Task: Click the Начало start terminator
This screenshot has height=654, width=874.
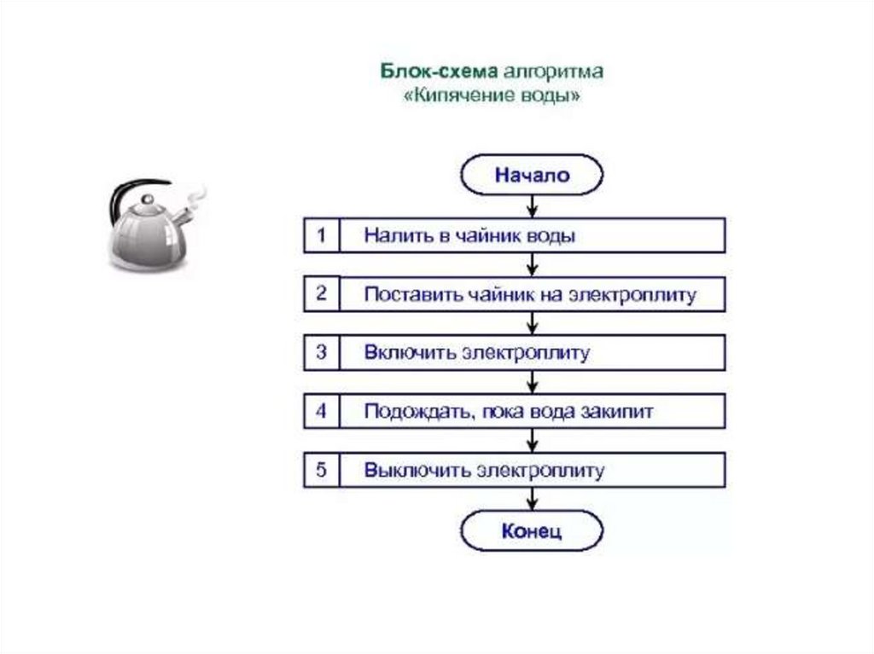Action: click(532, 176)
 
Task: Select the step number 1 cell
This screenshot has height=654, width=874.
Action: click(321, 235)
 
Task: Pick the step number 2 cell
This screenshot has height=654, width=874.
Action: click(321, 294)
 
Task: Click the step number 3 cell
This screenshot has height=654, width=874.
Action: click(321, 352)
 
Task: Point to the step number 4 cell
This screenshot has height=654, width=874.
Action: click(321, 411)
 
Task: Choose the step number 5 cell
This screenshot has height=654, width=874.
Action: click(321, 470)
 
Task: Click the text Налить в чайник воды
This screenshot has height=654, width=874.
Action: click(469, 235)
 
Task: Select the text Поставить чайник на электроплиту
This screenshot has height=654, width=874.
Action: click(530, 295)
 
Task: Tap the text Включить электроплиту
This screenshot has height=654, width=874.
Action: click(476, 353)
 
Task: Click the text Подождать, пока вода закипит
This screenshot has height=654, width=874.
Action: click(509, 412)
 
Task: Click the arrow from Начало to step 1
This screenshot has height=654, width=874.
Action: click(533, 206)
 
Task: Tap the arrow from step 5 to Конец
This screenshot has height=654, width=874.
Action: click(533, 499)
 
